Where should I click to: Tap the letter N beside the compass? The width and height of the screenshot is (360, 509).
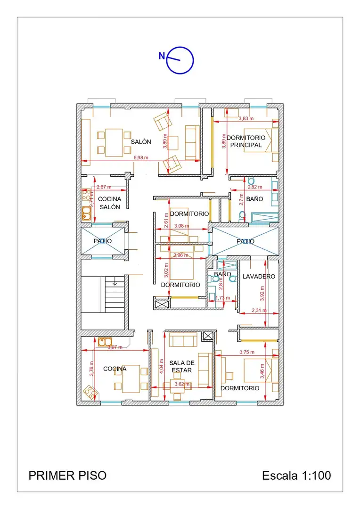(162, 56)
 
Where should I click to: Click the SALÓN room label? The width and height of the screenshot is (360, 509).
(141, 142)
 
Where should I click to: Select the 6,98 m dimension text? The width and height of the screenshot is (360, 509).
(141, 158)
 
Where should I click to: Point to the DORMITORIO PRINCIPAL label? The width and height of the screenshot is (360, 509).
(246, 141)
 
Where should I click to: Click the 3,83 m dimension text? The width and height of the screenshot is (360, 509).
(246, 118)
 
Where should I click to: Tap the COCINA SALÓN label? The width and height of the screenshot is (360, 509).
(110, 203)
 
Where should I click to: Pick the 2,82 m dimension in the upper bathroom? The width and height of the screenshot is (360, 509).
(255, 187)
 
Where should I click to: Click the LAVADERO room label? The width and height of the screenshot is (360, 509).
(259, 277)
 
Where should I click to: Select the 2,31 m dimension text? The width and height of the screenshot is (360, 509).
(259, 310)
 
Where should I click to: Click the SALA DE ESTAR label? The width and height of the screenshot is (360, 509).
(182, 367)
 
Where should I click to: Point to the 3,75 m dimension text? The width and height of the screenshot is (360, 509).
(247, 352)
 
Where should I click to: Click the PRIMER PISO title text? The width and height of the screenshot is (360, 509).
(67, 476)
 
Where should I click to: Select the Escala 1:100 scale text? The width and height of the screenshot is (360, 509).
(297, 476)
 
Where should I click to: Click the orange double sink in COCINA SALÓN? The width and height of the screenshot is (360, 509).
(86, 213)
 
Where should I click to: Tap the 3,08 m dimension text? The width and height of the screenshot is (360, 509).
(182, 226)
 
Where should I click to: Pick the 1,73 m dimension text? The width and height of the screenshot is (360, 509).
(223, 298)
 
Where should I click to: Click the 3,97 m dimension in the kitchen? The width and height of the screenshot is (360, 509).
(115, 347)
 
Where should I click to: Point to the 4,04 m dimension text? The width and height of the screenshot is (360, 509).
(161, 366)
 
